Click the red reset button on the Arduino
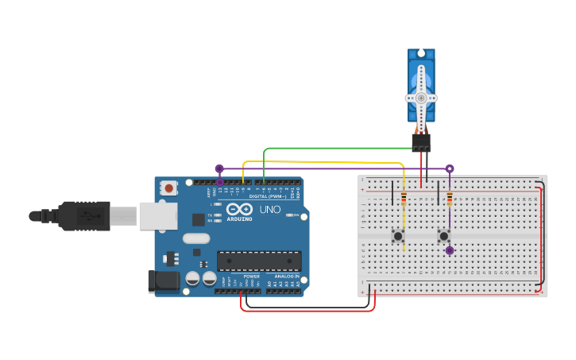click(168, 188)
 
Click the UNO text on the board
click(269, 210)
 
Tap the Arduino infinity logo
click(239, 210)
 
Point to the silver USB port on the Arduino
click(157, 215)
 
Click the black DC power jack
click(164, 280)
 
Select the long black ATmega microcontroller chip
click(259, 261)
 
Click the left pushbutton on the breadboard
click(397, 236)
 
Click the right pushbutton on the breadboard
click(443, 236)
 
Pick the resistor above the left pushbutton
click(404, 199)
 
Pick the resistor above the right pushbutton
click(450, 199)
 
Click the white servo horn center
click(421, 98)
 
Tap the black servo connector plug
click(421, 142)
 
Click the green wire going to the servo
click(334, 148)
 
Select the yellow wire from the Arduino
click(318, 162)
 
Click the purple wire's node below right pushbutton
click(450, 250)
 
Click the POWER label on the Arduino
click(251, 276)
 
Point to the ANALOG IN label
click(285, 276)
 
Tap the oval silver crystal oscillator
click(196, 238)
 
